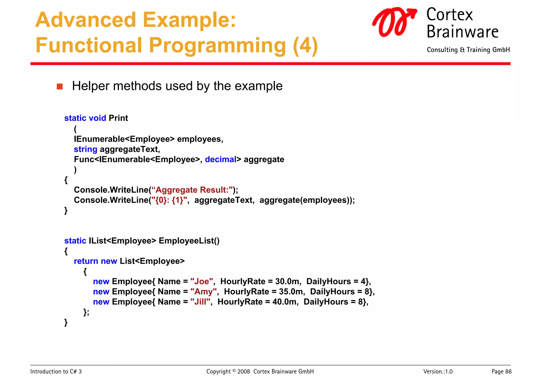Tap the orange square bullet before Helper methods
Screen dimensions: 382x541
60,87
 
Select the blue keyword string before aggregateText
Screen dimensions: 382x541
85,149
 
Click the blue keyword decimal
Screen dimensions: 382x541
221,159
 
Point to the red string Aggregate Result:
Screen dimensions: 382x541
193,190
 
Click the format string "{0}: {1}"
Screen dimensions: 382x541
169,200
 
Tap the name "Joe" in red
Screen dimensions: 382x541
202,281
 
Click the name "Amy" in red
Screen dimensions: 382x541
203,292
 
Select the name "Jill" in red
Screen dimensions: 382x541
200,302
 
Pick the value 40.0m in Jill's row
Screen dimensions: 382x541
285,302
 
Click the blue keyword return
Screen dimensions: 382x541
86,261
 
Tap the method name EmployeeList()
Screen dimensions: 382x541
189,241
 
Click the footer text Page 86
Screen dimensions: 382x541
501,372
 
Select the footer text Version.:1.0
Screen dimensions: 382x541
438,372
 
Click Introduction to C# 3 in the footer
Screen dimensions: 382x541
56,372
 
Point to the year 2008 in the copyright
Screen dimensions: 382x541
243,372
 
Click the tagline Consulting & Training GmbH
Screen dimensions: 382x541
468,50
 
